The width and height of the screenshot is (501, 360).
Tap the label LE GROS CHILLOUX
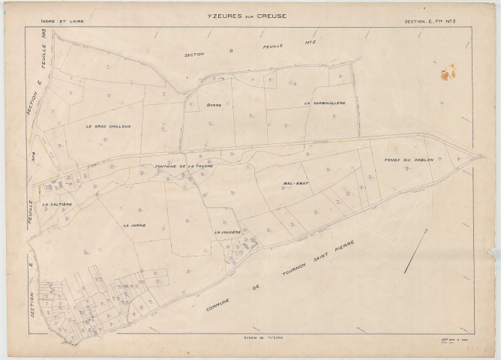108,126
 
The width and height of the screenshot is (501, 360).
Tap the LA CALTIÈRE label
56,204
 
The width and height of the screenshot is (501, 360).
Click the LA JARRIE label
134,224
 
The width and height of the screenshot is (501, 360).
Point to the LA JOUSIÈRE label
227,232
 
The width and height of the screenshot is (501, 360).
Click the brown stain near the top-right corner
448,72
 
